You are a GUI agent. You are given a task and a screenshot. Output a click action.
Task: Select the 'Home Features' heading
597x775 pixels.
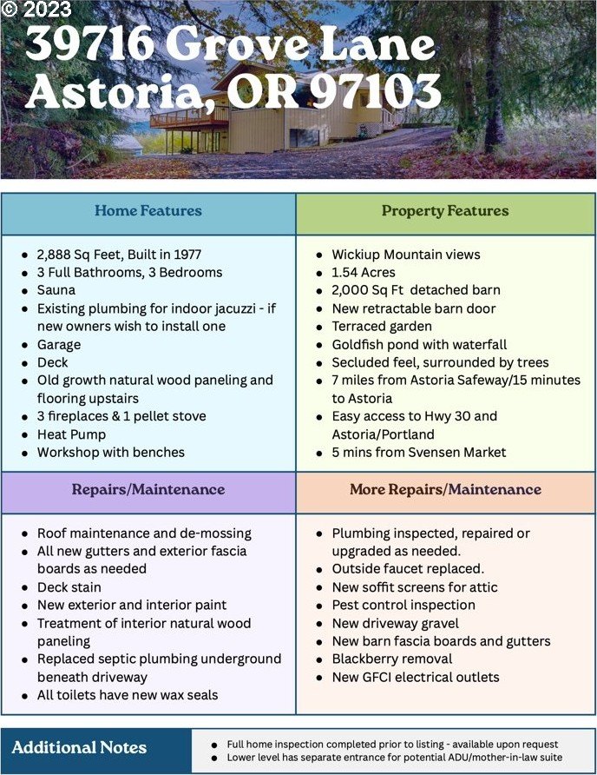tap(148, 211)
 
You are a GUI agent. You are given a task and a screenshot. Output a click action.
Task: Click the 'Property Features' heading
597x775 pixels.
tap(445, 211)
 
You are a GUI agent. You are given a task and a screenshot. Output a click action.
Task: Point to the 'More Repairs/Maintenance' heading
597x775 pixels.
tap(445, 490)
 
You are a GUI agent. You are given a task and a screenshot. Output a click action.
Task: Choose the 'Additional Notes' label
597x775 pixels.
tap(79, 747)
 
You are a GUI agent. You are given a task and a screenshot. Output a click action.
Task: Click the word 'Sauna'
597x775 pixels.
tap(56, 290)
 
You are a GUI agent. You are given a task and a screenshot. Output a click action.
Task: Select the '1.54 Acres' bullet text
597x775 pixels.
tap(365, 273)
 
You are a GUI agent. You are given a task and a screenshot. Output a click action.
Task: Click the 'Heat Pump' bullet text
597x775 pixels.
tap(71, 434)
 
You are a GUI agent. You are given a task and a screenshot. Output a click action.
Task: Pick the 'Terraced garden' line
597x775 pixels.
tap(382, 327)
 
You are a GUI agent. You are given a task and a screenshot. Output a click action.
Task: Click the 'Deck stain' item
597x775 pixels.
tap(69, 587)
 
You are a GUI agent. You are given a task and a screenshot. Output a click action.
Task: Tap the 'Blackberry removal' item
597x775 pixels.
tap(391, 659)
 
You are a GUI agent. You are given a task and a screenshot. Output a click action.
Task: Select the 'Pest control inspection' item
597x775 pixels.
tap(403, 606)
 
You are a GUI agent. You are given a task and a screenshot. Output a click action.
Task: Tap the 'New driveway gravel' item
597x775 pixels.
tap(395, 624)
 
